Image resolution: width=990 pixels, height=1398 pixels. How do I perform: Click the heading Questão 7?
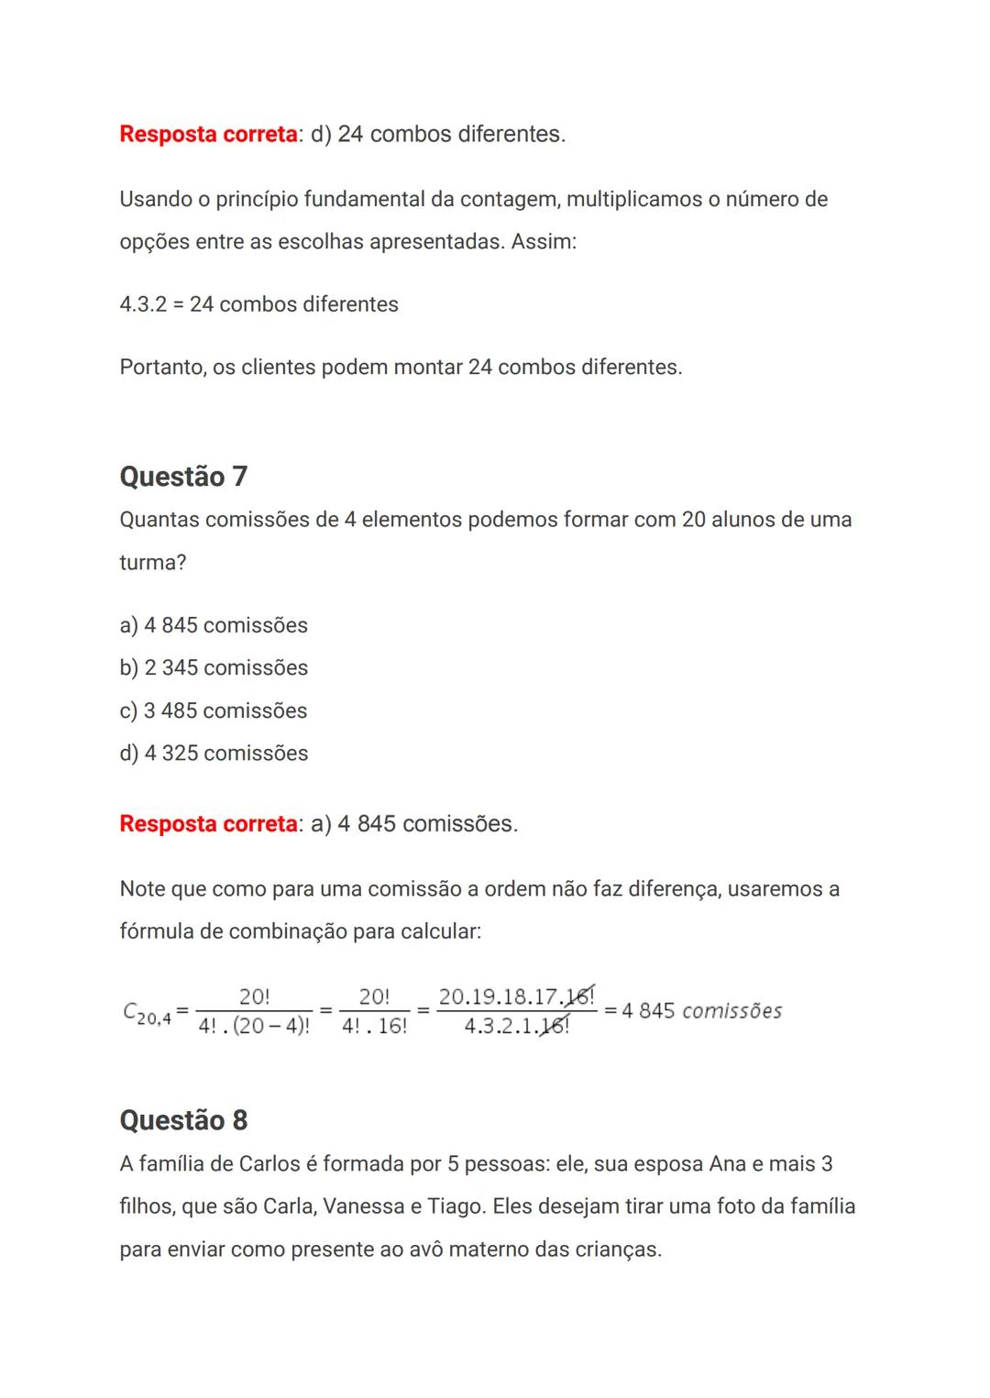[183, 477]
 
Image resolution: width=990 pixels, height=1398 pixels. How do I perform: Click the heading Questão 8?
[183, 1120]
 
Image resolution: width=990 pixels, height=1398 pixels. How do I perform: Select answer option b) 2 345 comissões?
[214, 667]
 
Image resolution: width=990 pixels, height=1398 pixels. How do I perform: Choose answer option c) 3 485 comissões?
[214, 710]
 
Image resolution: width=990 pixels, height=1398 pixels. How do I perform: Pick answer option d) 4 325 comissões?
[214, 753]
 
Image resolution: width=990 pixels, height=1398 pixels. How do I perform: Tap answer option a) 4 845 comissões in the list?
[214, 625]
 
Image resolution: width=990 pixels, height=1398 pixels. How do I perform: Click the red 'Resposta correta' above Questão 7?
[208, 135]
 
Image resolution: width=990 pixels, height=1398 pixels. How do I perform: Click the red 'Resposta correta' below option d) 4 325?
[208, 824]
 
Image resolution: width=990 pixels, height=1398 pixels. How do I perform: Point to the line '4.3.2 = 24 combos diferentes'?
[258, 304]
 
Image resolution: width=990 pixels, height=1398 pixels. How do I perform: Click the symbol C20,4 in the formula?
[146, 1013]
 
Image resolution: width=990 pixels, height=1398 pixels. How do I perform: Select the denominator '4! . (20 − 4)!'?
[254, 1027]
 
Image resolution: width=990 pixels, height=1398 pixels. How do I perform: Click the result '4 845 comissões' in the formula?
[701, 1011]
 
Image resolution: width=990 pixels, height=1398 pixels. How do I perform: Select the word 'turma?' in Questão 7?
[153, 562]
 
